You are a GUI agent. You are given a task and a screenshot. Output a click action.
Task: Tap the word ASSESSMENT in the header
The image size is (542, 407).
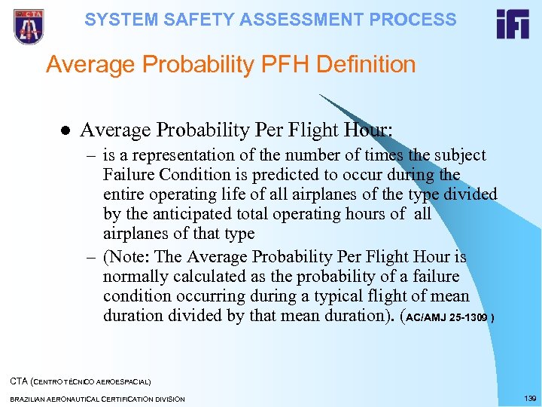pyautogui.click(x=285, y=20)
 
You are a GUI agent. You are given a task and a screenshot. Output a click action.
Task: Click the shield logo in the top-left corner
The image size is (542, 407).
pyautogui.click(x=29, y=26)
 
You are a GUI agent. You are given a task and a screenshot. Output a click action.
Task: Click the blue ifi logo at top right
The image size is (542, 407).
pyautogui.click(x=513, y=24)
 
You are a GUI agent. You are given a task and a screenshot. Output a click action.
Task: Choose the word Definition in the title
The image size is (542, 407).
pyautogui.click(x=365, y=65)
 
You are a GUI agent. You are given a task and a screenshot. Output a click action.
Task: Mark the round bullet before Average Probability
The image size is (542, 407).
pyautogui.click(x=65, y=130)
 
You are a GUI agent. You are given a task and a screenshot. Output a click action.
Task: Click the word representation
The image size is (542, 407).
pyautogui.click(x=171, y=155)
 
